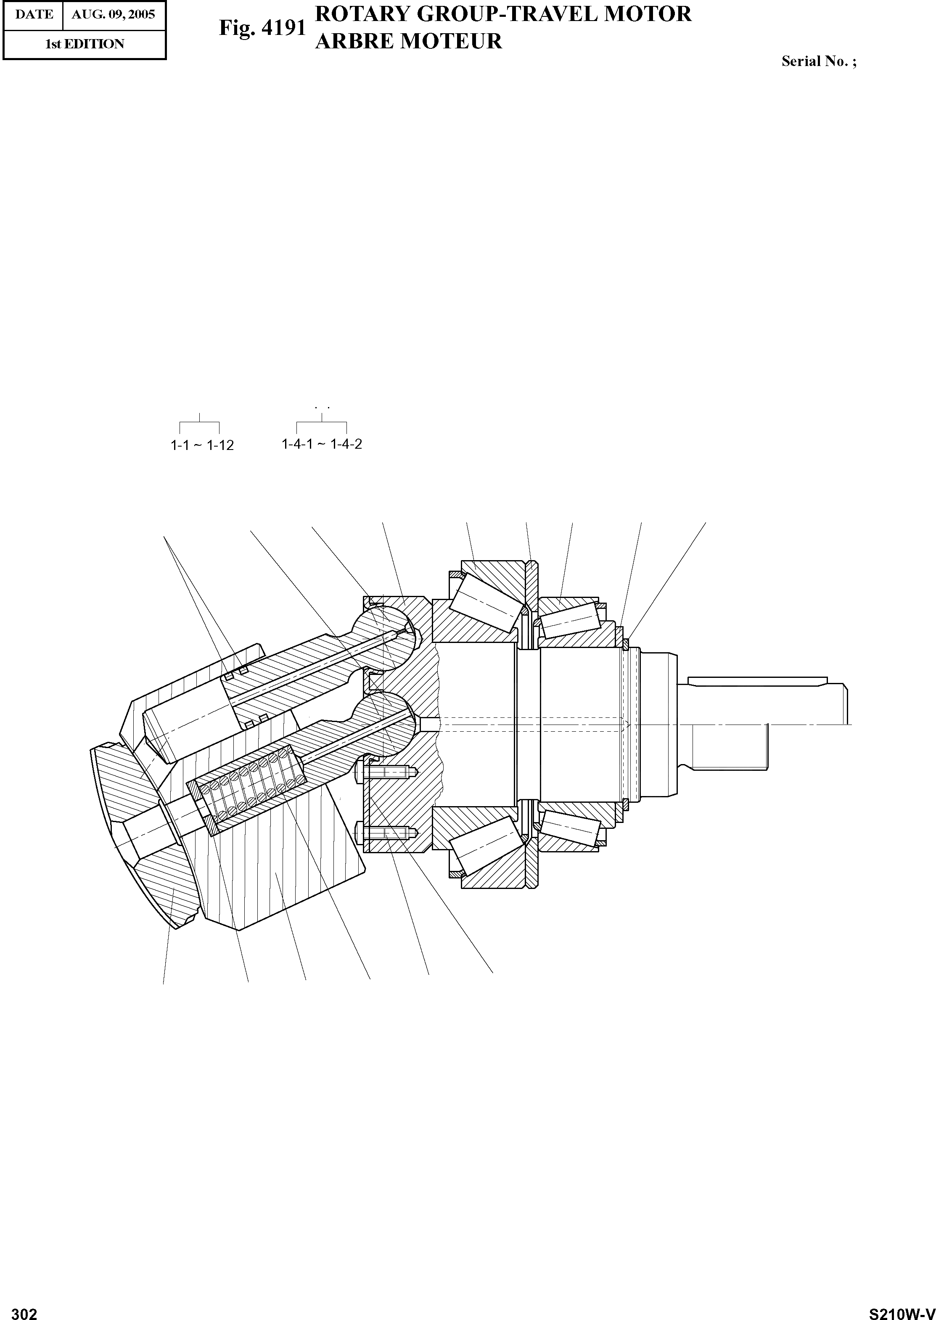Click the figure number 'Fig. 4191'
tap(262, 28)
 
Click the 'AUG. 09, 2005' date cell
tap(114, 14)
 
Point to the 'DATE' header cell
tap(34, 14)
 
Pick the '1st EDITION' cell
tap(85, 44)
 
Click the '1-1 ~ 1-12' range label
tap(202, 445)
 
